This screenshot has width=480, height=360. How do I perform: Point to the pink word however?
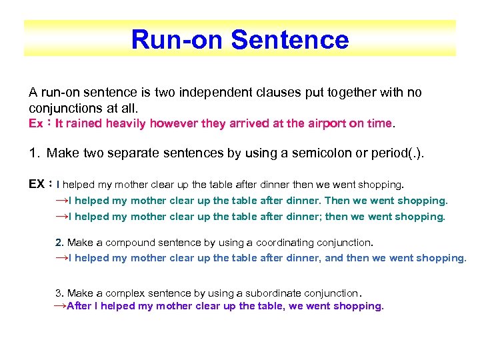175,123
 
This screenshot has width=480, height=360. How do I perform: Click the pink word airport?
315,123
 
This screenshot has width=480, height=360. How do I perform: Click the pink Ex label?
37,123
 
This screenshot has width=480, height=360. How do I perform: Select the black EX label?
37,183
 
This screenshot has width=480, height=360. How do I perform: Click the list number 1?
34,154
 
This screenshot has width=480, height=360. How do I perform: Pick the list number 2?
59,242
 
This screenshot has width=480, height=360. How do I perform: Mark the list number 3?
59,293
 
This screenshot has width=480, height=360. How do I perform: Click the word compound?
129,242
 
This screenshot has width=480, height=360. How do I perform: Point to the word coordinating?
258,242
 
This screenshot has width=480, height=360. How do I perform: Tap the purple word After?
79,306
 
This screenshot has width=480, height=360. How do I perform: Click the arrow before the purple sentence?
59,306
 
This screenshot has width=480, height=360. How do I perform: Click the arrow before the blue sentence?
61,258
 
